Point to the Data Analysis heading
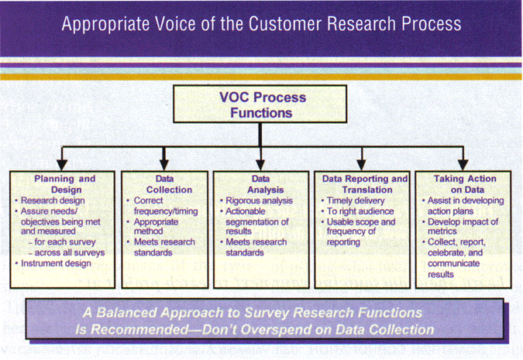pos(261,183)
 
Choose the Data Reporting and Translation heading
pos(365,183)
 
